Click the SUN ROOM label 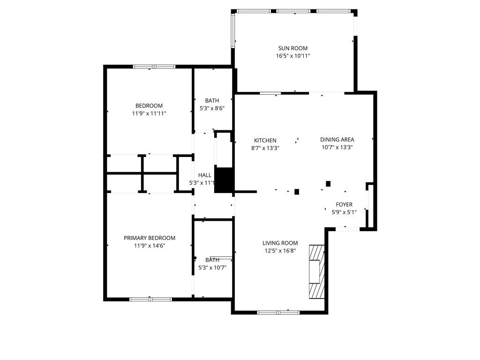pyautogui.click(x=293, y=48)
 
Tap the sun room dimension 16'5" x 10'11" pyautogui.click(x=293, y=56)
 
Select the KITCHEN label pyautogui.click(x=265, y=140)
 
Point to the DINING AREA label pyautogui.click(x=337, y=139)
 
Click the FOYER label pyautogui.click(x=344, y=204)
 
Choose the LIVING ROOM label pyautogui.click(x=280, y=243)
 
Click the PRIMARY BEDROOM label pyautogui.click(x=150, y=238)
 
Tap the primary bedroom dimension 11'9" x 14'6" pyautogui.click(x=150, y=246)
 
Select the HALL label pyautogui.click(x=205, y=175)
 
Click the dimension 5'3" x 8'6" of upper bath pyautogui.click(x=212, y=108)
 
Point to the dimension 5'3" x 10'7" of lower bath pyautogui.click(x=212, y=268)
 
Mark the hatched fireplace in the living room pyautogui.click(x=316, y=270)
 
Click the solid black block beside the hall pyautogui.click(x=224, y=179)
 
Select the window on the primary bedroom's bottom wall pyautogui.click(x=150, y=299)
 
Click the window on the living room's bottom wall pyautogui.click(x=278, y=312)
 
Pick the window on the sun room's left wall pyautogui.click(x=233, y=30)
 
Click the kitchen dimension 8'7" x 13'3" pyautogui.click(x=265, y=148)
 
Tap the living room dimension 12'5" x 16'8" pyautogui.click(x=280, y=251)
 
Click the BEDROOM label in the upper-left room pyautogui.click(x=149, y=105)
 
